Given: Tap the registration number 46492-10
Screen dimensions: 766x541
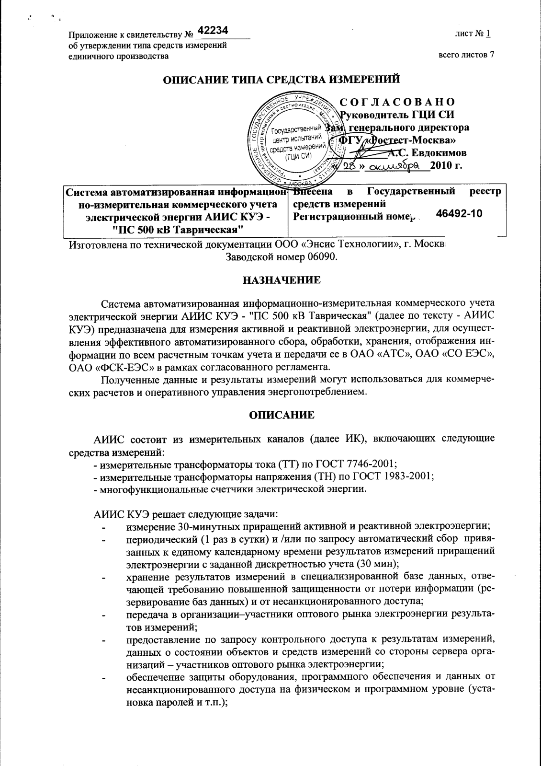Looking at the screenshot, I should pyautogui.click(x=459, y=213).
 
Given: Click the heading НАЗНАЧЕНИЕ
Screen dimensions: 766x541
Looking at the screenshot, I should pyautogui.click(x=282, y=279).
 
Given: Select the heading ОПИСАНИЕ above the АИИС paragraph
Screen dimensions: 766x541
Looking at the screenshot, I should pyautogui.click(x=282, y=415).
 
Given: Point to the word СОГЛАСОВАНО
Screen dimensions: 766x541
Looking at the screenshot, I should pyautogui.click(x=397, y=102).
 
